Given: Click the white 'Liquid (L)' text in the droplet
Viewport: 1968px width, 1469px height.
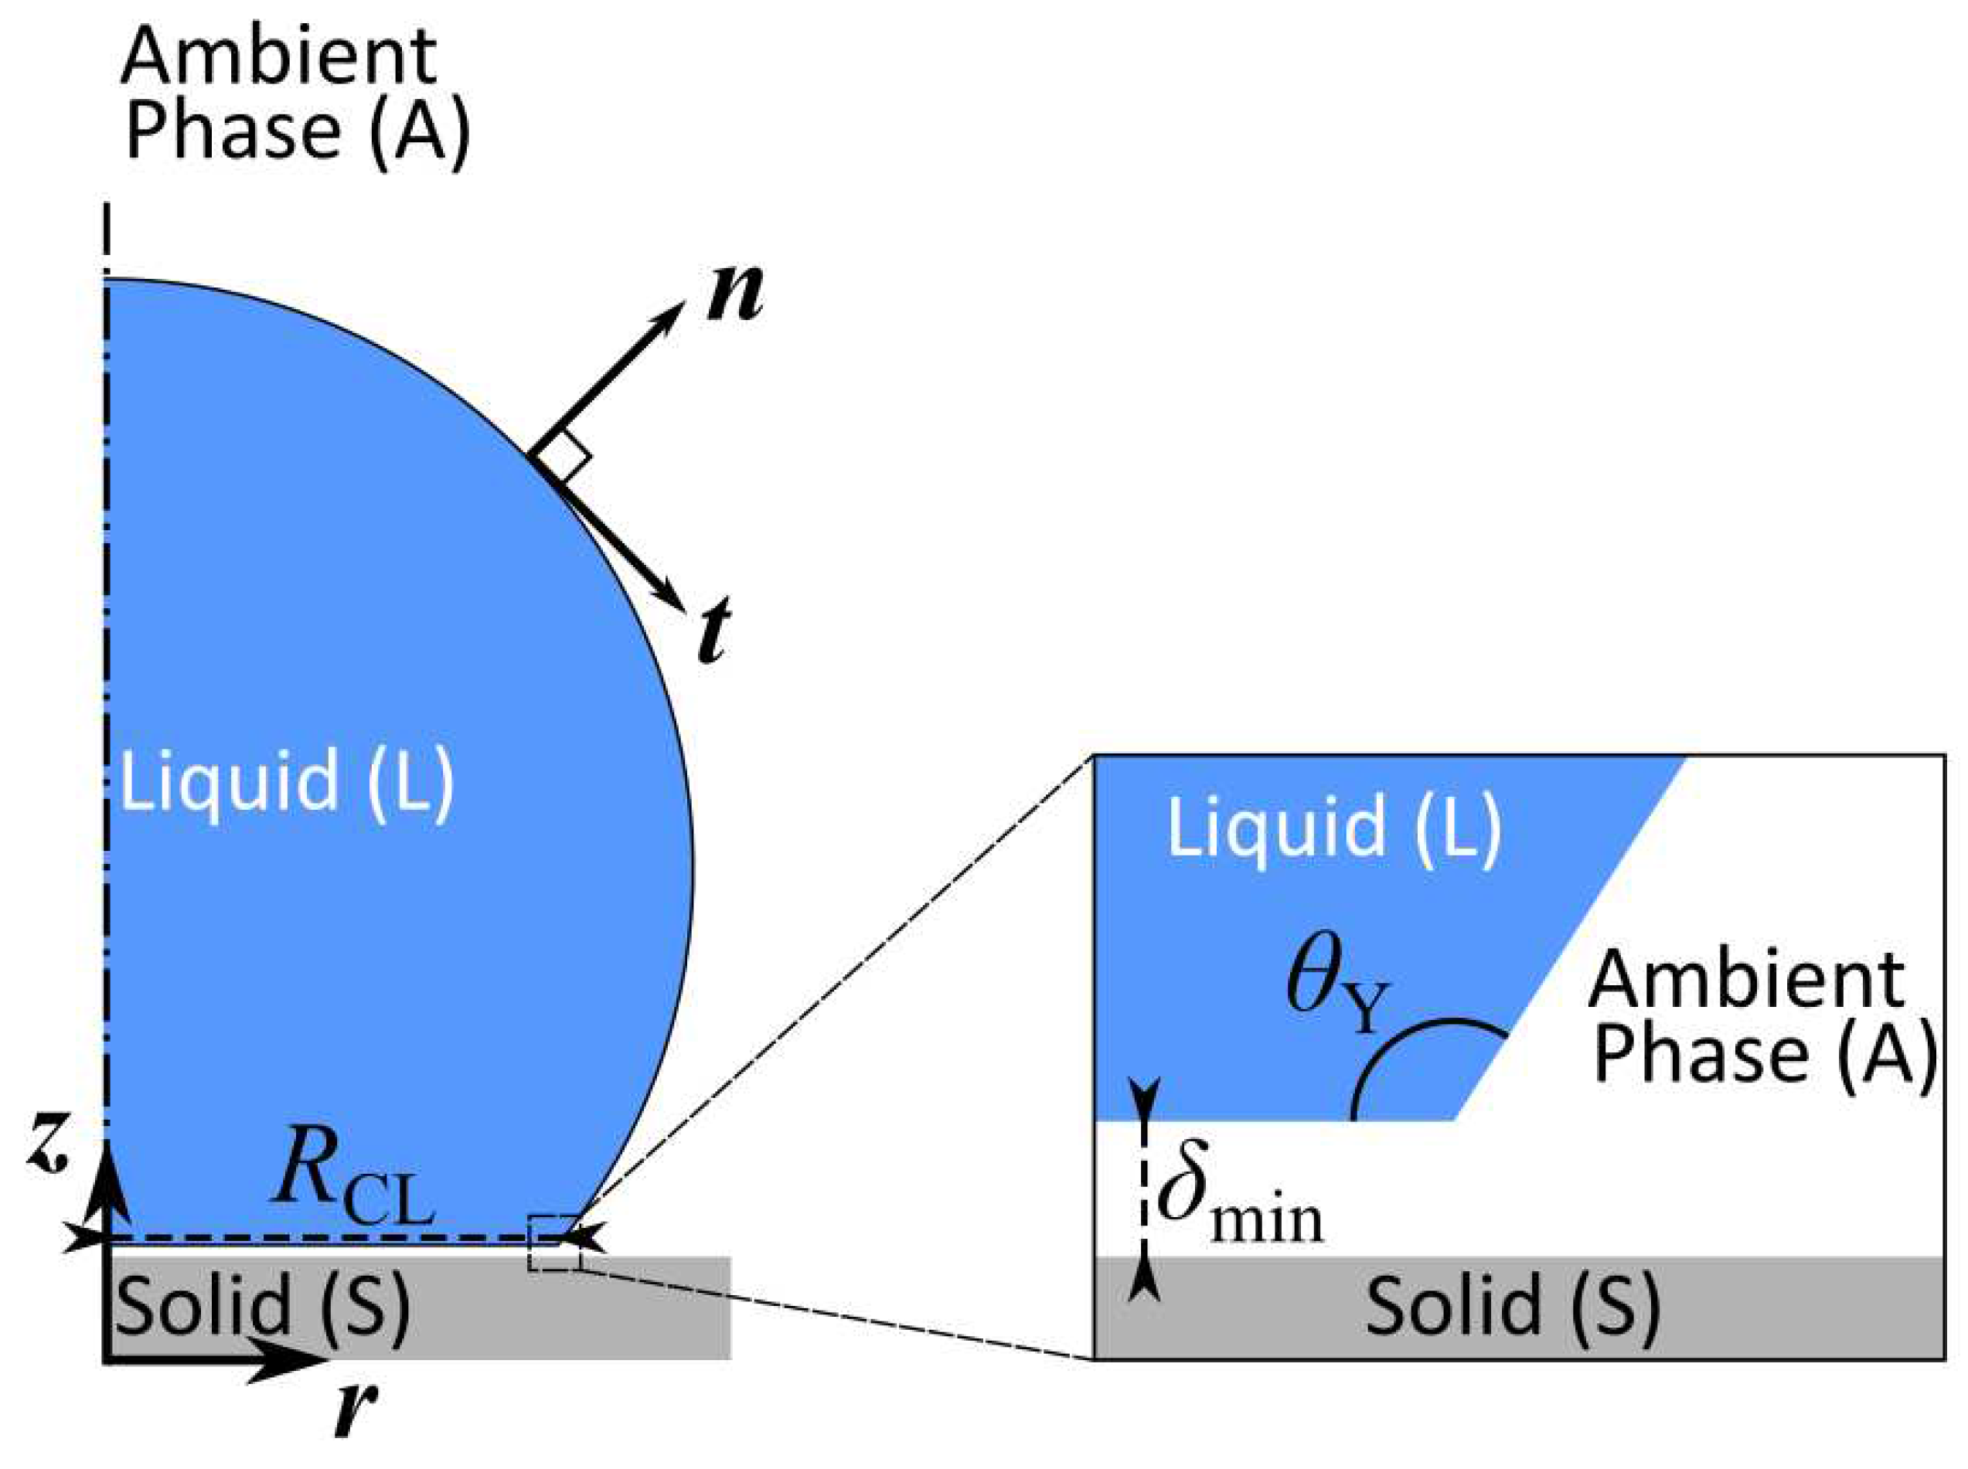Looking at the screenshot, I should (x=286, y=780).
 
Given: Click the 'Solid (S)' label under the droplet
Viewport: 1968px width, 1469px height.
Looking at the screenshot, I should (x=262, y=1305).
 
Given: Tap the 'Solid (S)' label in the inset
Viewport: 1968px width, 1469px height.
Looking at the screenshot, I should (x=1513, y=1305).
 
